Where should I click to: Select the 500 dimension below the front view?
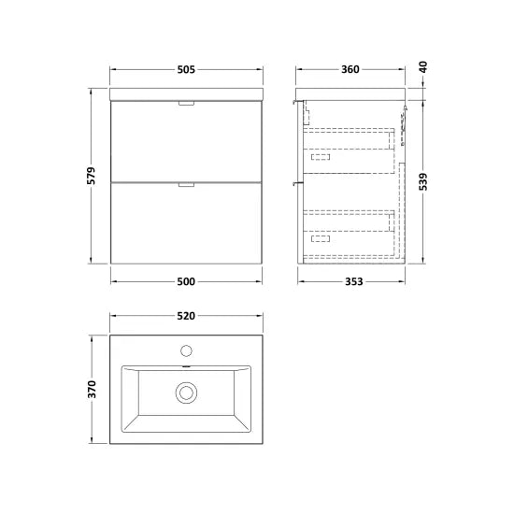click(x=185, y=280)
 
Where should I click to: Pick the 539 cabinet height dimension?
click(x=423, y=178)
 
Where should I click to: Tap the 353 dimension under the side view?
click(x=350, y=280)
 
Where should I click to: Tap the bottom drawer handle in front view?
click(x=185, y=186)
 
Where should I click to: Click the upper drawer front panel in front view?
click(x=185, y=140)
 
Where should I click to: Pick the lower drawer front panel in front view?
click(x=185, y=224)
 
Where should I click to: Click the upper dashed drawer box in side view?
click(x=348, y=150)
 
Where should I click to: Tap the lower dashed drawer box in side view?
click(x=348, y=231)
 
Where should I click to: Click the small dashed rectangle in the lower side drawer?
click(x=321, y=239)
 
